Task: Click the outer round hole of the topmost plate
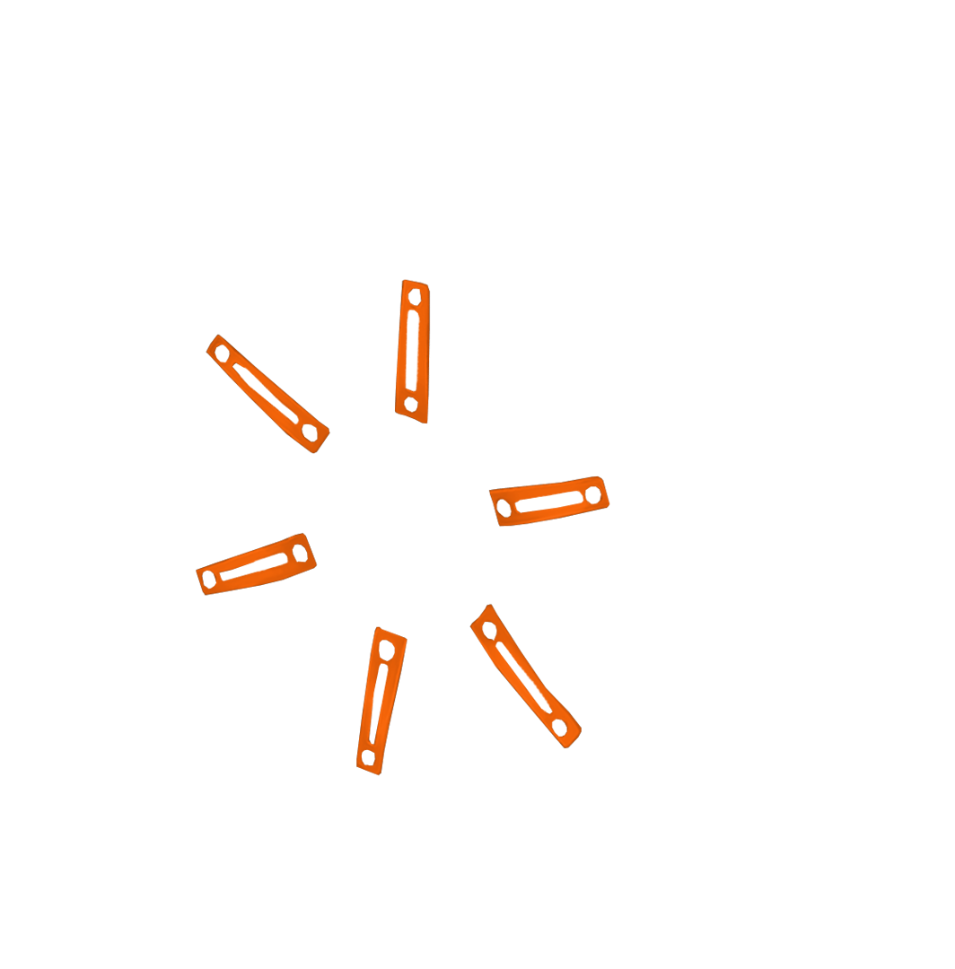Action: click(x=415, y=295)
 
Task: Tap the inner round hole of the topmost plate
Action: click(x=410, y=405)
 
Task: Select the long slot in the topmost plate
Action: click(x=412, y=349)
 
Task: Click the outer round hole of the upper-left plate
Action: click(x=222, y=354)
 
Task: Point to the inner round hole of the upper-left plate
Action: click(x=310, y=433)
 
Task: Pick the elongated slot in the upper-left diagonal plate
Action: click(x=265, y=392)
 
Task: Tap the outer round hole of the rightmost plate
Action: click(x=592, y=493)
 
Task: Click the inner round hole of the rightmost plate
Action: click(x=504, y=509)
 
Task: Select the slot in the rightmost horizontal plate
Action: click(x=548, y=501)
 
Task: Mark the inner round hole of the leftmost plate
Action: click(x=298, y=549)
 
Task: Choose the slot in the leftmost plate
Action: click(x=253, y=565)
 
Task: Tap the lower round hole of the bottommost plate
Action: click(x=368, y=757)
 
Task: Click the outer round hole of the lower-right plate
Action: click(x=560, y=727)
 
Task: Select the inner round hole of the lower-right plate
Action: click(x=490, y=629)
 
